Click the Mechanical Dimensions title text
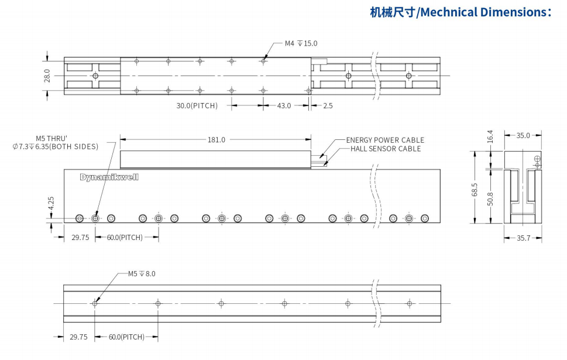point(461,12)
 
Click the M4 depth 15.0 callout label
point(301,43)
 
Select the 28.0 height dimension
point(47,76)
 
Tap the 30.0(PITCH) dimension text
point(197,106)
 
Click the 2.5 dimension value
point(328,106)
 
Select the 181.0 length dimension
point(216,139)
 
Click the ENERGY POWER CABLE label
point(385,140)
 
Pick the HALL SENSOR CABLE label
point(386,149)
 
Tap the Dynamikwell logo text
point(109,177)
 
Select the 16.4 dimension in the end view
point(490,136)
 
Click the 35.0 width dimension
point(523,135)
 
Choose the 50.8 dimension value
point(490,198)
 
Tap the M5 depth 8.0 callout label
point(142,273)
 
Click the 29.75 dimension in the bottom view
point(78,337)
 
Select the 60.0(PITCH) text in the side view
point(125,238)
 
